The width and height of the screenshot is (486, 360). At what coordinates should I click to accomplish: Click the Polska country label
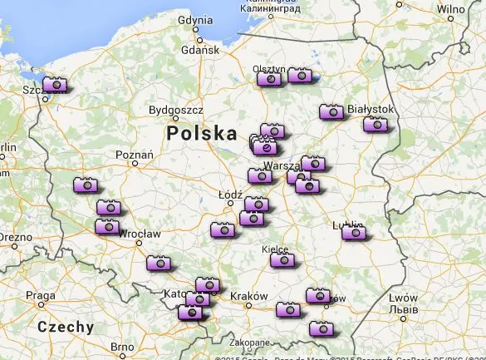tap(202, 134)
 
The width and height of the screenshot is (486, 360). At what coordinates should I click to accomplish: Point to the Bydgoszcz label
tap(175, 110)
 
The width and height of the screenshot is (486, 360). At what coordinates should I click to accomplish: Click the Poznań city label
tap(135, 155)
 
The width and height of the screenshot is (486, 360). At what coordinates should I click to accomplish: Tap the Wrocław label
tap(139, 235)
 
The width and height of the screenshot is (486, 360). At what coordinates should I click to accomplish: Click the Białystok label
tap(371, 109)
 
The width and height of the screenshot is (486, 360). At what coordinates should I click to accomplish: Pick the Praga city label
tap(41, 296)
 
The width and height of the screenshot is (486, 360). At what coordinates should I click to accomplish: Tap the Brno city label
tap(122, 347)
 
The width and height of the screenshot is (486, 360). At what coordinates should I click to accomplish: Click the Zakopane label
tap(250, 342)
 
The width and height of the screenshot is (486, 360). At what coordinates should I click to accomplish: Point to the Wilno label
tap(449, 10)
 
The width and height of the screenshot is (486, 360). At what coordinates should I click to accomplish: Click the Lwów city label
tap(403, 298)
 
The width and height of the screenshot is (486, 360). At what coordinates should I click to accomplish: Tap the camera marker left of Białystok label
tap(331, 111)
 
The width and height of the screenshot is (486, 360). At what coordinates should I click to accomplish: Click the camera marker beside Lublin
tap(354, 232)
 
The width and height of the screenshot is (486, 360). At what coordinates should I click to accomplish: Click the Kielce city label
tap(275, 249)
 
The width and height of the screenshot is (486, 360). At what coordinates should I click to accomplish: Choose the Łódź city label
tap(229, 195)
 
